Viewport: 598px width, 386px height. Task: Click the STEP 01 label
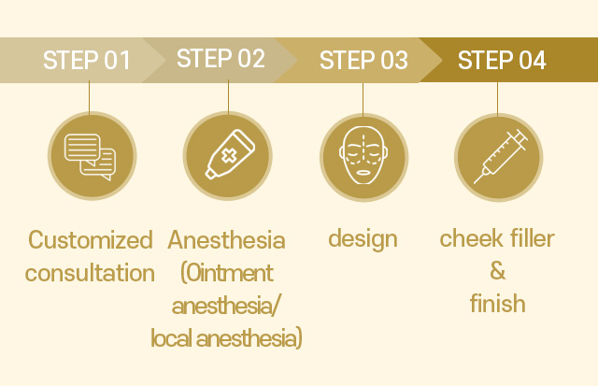click(x=87, y=60)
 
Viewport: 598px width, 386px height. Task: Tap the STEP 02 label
click(x=221, y=58)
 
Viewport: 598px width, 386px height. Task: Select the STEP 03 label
click(x=363, y=60)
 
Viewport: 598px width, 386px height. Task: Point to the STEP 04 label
click(x=502, y=60)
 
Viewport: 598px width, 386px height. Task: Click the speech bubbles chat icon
click(x=91, y=156)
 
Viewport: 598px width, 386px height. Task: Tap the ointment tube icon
click(x=230, y=154)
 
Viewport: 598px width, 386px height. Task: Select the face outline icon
click(x=363, y=156)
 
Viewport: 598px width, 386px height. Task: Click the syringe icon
click(x=501, y=156)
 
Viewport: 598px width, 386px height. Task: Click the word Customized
click(x=91, y=240)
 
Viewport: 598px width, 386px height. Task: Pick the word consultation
click(x=90, y=273)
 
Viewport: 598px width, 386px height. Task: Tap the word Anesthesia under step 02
click(x=226, y=240)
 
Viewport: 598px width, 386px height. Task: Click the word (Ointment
click(x=226, y=273)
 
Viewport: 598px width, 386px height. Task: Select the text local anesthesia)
click(x=226, y=338)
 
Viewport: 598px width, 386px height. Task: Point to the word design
click(x=363, y=239)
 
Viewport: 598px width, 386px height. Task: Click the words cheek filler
click(x=497, y=238)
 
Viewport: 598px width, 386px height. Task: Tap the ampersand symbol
click(x=498, y=271)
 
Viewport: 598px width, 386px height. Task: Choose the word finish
click(x=498, y=303)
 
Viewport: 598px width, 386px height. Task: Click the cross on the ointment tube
click(x=229, y=156)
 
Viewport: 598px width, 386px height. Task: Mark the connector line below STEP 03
click(x=363, y=99)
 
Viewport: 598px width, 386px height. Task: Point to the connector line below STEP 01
click(x=90, y=97)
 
